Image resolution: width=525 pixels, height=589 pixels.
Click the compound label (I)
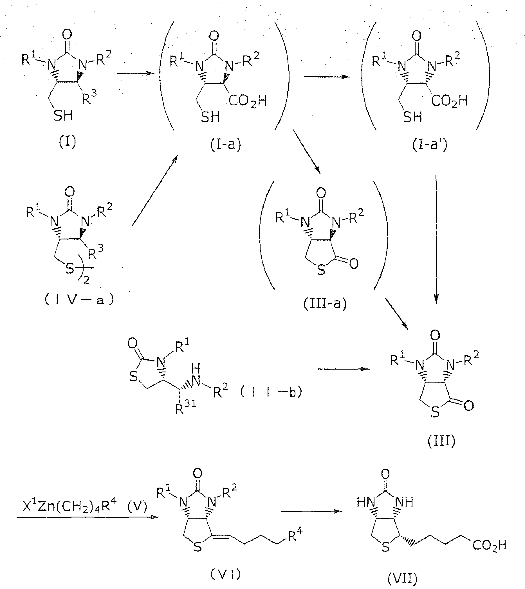68,142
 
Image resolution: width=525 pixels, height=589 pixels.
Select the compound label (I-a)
226,144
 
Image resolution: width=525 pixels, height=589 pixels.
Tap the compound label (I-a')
430,144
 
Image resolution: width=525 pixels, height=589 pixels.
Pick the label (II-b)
271,392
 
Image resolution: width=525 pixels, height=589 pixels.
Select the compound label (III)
441,441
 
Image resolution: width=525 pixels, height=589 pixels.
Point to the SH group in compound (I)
63,115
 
